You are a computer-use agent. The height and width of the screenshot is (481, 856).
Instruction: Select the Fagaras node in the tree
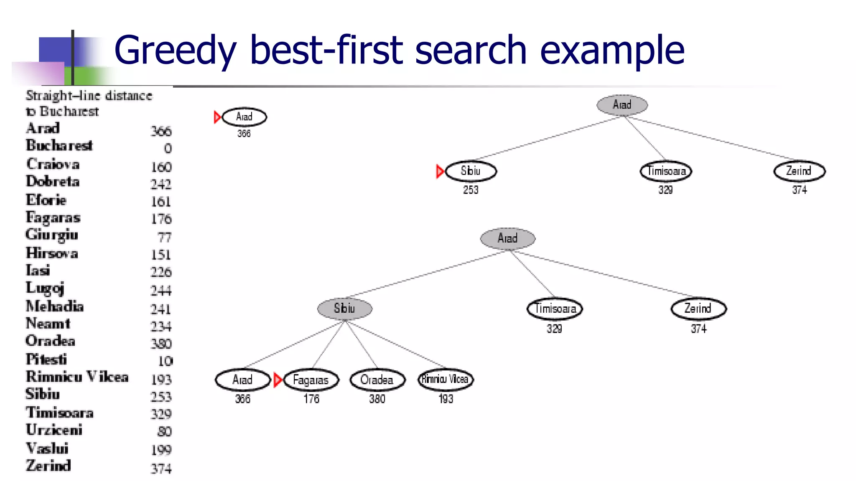311,380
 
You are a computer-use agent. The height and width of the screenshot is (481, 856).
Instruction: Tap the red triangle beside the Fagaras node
278,380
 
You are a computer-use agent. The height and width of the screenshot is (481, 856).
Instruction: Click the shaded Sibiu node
344,309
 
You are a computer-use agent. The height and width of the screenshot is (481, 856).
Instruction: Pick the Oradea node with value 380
377,380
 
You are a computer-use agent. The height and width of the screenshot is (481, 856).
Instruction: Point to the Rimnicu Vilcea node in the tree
446,379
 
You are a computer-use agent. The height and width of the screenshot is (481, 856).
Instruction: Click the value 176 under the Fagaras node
311,399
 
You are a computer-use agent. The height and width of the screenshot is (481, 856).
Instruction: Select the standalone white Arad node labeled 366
245,117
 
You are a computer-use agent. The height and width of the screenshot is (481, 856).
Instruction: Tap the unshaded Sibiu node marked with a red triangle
471,171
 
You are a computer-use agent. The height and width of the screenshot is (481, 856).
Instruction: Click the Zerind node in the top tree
799,171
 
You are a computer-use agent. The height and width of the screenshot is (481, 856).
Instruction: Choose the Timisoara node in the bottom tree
555,309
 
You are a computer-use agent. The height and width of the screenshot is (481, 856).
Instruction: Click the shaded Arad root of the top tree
622,105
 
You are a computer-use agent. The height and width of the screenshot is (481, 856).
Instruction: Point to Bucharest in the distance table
59,145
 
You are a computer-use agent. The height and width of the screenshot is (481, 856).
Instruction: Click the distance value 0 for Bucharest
168,149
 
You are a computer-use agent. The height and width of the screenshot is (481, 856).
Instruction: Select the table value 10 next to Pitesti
166,361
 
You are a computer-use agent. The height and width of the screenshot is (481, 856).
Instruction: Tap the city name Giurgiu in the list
52,235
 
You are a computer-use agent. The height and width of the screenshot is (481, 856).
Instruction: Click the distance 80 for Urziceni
165,431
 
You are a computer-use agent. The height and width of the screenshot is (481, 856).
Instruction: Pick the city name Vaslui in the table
47,448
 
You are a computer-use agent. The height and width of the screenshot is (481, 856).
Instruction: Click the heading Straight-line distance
89,96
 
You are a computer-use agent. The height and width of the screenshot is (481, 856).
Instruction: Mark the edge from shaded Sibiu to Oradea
361,344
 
